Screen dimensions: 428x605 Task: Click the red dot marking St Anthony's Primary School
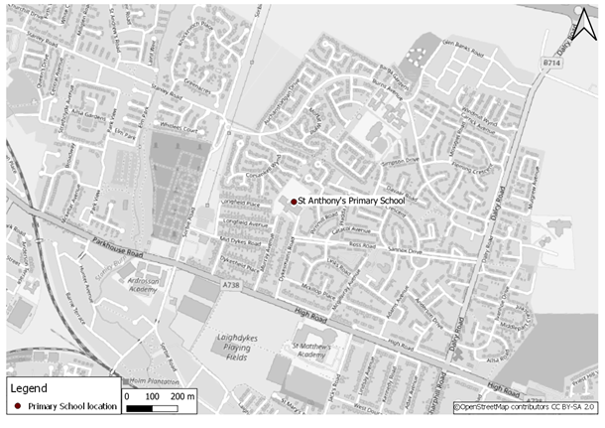[294, 202]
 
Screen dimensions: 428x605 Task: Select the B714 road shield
[552, 62]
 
